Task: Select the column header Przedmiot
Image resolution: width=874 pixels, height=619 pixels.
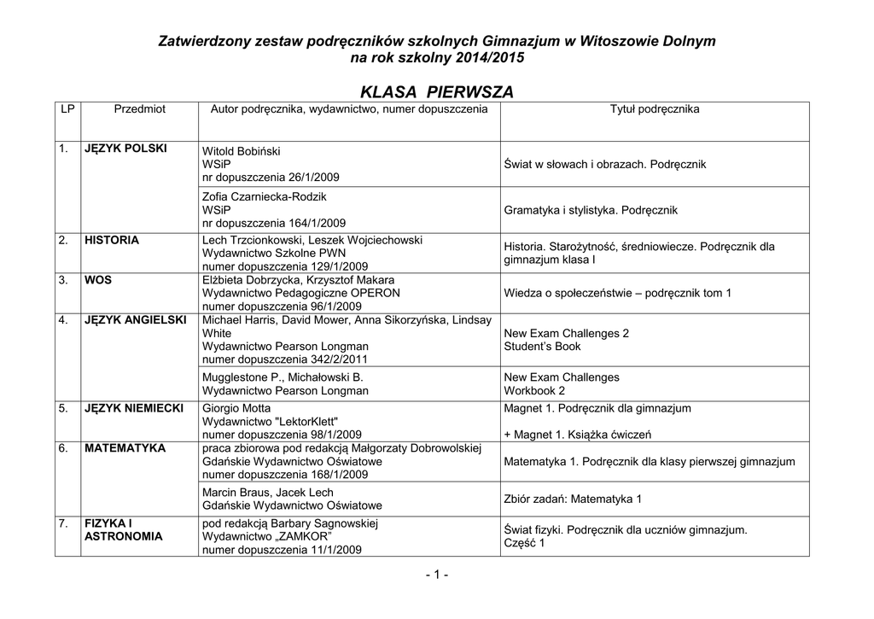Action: click(x=139, y=109)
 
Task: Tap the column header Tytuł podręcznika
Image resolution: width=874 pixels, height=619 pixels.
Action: click(x=655, y=109)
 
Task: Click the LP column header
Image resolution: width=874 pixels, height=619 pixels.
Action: click(x=66, y=109)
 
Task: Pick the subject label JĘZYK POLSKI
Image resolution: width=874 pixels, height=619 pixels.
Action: click(x=126, y=149)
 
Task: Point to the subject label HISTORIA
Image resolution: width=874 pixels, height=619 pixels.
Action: click(x=112, y=240)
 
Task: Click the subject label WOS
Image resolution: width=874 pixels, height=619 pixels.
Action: click(x=98, y=279)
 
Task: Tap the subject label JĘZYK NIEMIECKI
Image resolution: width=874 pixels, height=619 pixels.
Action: click(x=134, y=408)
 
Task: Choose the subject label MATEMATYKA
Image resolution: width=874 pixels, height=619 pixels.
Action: click(x=125, y=448)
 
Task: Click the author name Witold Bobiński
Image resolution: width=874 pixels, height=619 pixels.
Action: click(x=242, y=151)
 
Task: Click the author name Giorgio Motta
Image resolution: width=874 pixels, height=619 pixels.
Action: click(x=236, y=408)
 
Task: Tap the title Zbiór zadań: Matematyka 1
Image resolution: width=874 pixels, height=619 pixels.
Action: click(x=573, y=499)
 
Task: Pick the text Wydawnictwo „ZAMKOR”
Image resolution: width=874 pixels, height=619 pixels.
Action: click(x=265, y=536)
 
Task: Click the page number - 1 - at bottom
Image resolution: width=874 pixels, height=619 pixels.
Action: click(x=436, y=575)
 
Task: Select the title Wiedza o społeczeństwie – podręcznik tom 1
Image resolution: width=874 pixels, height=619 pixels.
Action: click(x=618, y=293)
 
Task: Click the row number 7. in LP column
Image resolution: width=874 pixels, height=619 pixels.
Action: click(x=64, y=523)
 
